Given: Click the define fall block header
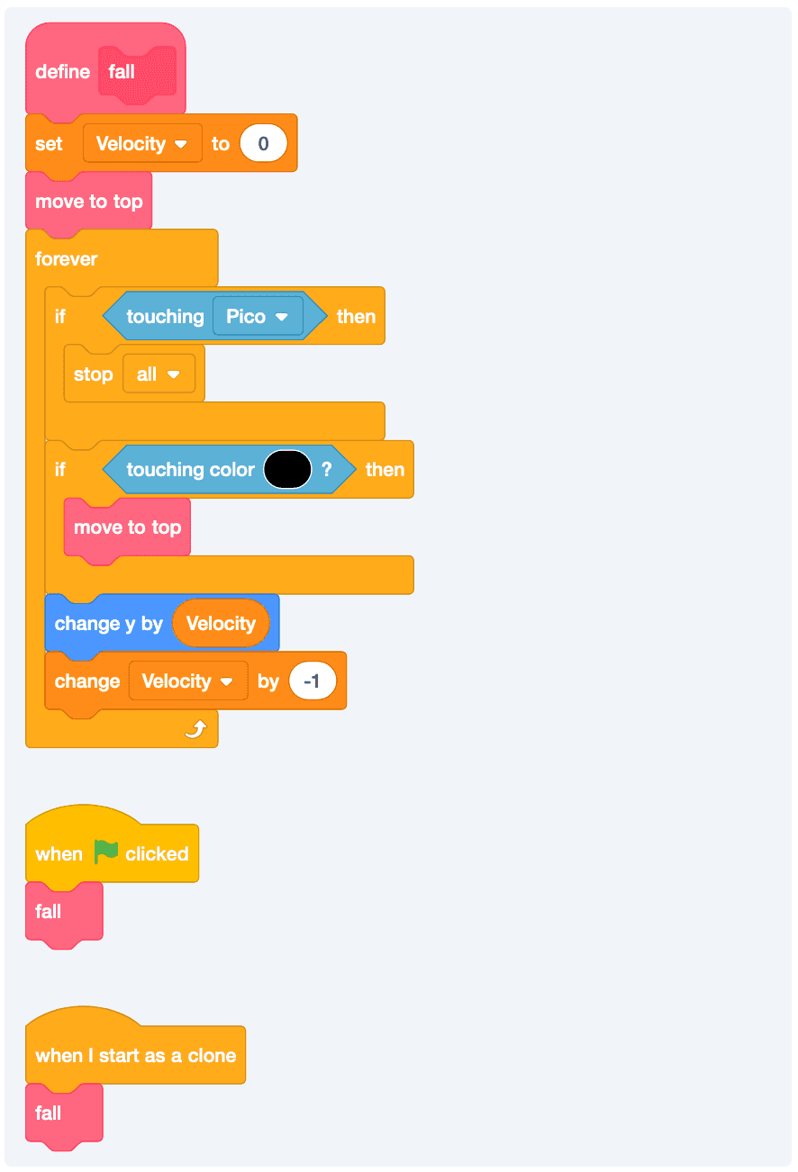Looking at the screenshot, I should click(63, 72).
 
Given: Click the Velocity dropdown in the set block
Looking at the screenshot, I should click(142, 144).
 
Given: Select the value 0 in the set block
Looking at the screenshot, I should click(263, 144).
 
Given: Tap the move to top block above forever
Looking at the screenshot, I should click(88, 202).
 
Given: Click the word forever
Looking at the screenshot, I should click(67, 259).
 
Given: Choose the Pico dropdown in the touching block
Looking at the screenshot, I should click(257, 317).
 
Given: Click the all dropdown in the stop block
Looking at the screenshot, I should click(159, 374).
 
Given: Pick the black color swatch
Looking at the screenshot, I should click(287, 470).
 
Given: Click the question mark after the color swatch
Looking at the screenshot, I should click(326, 470).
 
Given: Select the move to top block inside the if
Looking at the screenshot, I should click(127, 527).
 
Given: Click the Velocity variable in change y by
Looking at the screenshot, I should click(221, 624).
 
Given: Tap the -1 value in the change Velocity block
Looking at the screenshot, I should click(312, 681).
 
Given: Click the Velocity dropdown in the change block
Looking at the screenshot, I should click(187, 681).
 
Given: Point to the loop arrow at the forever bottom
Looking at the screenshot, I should click(195, 729).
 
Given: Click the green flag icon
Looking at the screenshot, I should click(106, 852).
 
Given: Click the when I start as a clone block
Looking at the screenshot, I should click(135, 1056).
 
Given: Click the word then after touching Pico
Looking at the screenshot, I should click(356, 317).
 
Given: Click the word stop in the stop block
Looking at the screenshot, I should click(94, 374).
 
